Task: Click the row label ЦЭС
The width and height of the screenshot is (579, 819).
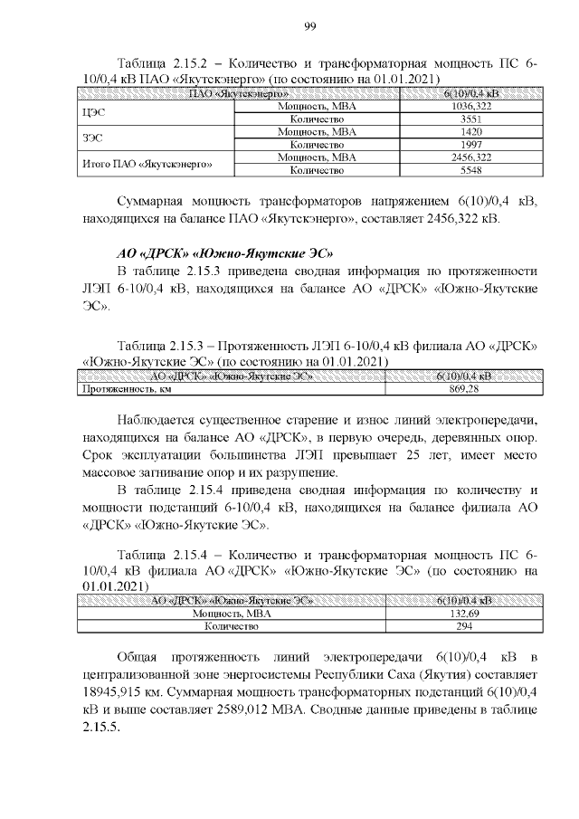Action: [91, 112]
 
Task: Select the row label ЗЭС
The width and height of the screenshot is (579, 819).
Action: [91, 138]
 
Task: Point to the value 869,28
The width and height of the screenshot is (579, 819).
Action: [463, 389]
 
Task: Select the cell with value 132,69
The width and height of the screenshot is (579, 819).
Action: [463, 613]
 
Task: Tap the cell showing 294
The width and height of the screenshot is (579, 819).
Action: [463, 625]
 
